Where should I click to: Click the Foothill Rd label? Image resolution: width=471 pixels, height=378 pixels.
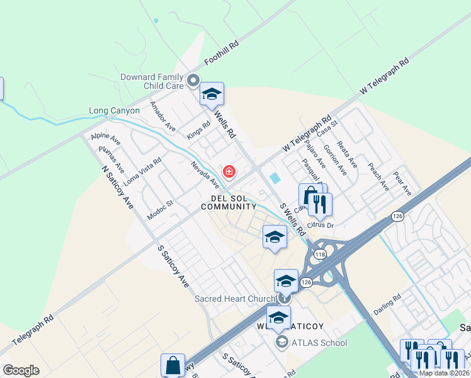(222, 54)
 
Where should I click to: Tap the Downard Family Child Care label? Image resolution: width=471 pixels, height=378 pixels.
(152, 81)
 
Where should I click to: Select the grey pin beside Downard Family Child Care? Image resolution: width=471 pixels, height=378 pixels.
(194, 80)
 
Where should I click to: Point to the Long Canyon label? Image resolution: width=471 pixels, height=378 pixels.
(115, 110)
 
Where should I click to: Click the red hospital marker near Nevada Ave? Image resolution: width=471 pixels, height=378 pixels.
(229, 171)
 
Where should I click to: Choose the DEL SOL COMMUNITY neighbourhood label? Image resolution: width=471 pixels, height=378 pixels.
(229, 202)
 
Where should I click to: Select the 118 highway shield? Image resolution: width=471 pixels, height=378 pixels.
(320, 255)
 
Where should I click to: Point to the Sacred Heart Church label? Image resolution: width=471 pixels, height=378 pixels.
(234, 299)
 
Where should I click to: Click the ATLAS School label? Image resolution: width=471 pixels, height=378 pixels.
(319, 343)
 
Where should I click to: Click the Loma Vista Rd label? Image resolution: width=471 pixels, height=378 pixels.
(142, 171)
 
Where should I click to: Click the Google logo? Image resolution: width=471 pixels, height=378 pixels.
(21, 370)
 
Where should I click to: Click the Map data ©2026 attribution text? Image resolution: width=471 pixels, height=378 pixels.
(443, 373)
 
